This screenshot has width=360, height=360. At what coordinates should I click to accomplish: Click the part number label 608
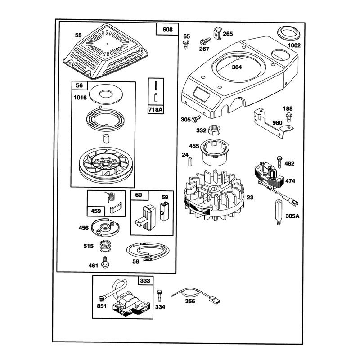(167, 30)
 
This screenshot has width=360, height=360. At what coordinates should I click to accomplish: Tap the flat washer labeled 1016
(106, 94)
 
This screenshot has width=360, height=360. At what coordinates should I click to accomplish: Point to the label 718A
(155, 110)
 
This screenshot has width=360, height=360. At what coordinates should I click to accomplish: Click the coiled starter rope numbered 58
(148, 251)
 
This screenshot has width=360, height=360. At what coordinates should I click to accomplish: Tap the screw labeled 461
(106, 262)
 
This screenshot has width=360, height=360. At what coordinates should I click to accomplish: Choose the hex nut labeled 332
(214, 130)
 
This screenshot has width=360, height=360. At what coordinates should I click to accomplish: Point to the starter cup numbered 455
(215, 152)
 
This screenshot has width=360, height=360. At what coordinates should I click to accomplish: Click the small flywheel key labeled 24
(190, 162)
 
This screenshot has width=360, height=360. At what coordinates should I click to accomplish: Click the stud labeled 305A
(278, 212)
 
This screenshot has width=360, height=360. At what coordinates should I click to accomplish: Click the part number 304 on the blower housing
(237, 67)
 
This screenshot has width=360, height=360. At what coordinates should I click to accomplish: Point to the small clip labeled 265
(218, 33)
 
